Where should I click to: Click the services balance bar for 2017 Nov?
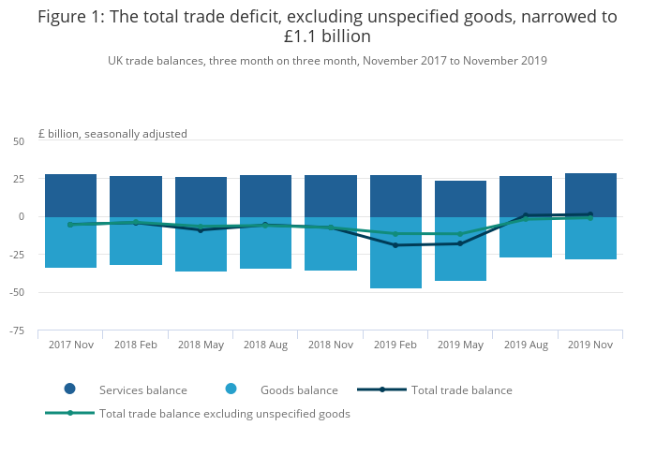tap(70, 195)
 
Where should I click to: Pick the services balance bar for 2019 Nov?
tap(590, 194)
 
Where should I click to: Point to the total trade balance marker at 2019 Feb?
tap(395, 245)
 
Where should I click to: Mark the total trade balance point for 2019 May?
tap(460, 243)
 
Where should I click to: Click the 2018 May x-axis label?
tap(201, 345)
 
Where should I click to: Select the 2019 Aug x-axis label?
tap(526, 345)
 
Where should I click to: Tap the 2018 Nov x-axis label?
tap(331, 345)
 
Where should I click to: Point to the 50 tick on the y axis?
tap(19, 140)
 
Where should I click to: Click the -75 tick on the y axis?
tap(17, 330)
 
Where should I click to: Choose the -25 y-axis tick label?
tap(17, 255)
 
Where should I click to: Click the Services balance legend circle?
tap(70, 389)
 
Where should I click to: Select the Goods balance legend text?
tap(298, 390)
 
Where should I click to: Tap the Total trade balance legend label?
tap(462, 390)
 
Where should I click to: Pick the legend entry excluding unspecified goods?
tap(224, 414)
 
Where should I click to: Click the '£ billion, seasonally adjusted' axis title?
tap(112, 134)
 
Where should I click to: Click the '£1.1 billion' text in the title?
tap(327, 37)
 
